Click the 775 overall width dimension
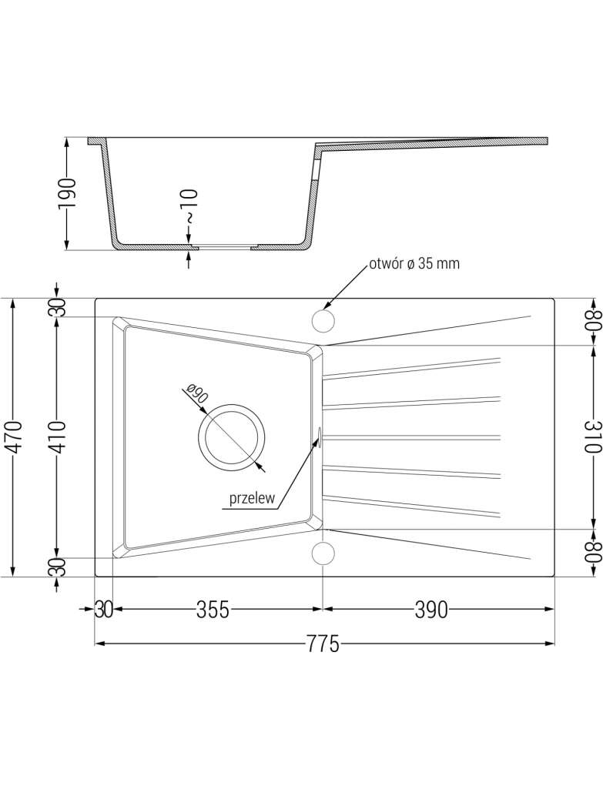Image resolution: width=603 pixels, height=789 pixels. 323,644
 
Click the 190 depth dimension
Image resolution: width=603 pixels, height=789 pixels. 68,193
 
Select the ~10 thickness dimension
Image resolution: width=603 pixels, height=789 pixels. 189,206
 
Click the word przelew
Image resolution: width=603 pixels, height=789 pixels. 252,498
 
